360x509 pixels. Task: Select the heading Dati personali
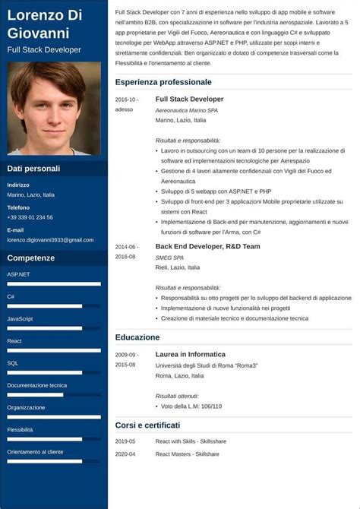click(x=33, y=169)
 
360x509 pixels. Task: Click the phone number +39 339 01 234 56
click(x=30, y=217)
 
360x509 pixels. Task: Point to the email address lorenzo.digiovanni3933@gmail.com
click(x=50, y=239)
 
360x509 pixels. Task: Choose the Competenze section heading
click(x=31, y=258)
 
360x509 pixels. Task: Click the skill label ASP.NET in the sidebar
click(x=18, y=274)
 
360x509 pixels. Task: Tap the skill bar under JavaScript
click(x=54, y=328)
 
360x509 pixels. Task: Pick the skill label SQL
click(x=13, y=363)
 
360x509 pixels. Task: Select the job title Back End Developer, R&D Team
click(x=207, y=246)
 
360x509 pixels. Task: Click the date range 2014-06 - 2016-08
click(x=126, y=251)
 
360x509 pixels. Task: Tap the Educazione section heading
click(x=137, y=337)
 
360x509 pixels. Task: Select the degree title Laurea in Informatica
click(x=190, y=354)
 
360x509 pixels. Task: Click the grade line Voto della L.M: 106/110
click(x=191, y=406)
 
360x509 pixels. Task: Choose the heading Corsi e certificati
click(x=147, y=425)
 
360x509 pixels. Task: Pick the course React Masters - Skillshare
click(x=187, y=454)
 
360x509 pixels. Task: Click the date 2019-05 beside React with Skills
click(x=125, y=441)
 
